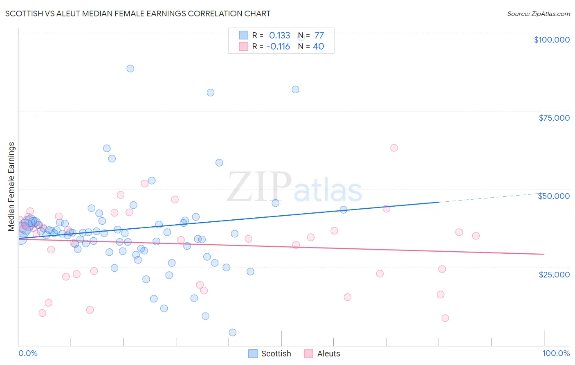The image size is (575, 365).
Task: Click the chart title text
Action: (137, 14)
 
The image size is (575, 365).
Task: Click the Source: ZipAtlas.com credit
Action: (538, 14)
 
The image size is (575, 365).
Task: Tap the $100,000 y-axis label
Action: (552, 40)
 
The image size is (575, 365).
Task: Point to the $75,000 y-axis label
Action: (554, 118)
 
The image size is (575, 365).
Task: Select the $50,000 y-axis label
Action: (554, 196)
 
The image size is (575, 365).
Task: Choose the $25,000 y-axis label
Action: (554, 274)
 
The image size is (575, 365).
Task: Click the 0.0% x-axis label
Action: (28, 353)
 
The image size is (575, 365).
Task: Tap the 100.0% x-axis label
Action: (556, 353)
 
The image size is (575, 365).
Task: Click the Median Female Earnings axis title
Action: (11, 187)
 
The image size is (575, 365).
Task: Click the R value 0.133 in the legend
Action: (279, 36)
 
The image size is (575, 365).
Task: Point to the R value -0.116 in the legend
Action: (278, 47)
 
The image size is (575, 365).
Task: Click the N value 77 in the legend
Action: (319, 36)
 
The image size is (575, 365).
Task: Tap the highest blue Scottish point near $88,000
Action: (130, 68)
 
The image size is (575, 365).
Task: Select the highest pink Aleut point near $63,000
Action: (394, 148)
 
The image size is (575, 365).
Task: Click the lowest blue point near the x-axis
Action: (232, 332)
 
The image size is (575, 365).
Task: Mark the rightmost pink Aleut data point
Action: (476, 236)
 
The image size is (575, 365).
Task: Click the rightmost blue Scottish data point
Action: (344, 210)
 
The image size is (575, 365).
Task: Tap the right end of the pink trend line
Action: (544, 254)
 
